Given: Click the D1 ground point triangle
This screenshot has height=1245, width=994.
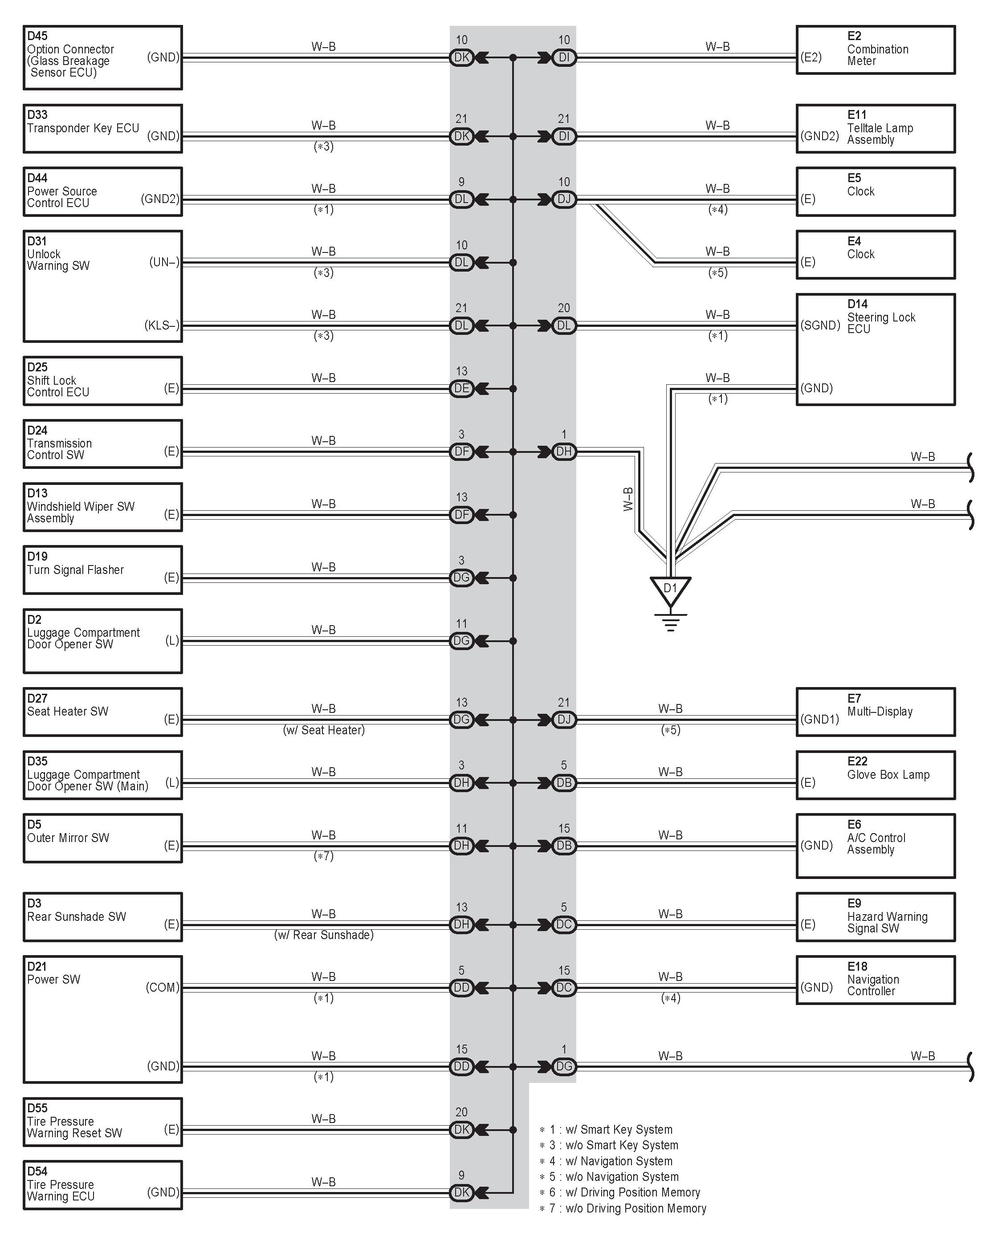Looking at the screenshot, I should click(670, 590).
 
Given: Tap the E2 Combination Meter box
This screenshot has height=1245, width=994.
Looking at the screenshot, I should click(875, 50).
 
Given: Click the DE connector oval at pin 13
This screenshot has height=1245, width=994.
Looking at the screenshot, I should click(461, 389).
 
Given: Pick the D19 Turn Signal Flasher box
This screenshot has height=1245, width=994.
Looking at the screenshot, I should click(103, 570).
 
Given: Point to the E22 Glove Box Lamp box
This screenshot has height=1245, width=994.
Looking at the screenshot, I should click(875, 775).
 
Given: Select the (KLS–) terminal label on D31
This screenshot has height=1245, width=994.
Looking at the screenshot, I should click(162, 325).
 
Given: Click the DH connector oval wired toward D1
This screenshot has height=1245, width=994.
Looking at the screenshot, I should click(564, 452).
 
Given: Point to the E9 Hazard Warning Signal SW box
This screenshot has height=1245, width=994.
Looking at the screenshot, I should click(875, 917).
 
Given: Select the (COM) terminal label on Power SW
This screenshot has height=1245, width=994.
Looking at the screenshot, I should click(162, 988).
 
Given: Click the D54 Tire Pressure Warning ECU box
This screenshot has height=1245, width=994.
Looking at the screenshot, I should click(103, 1185).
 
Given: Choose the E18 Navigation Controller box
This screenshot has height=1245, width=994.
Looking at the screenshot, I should click(875, 980).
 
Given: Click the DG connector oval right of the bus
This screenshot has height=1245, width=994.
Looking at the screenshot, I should click(564, 1066).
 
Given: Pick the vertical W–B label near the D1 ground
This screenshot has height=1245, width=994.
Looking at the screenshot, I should click(628, 500).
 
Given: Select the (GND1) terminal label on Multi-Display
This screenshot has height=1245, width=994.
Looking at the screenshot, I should click(819, 720).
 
